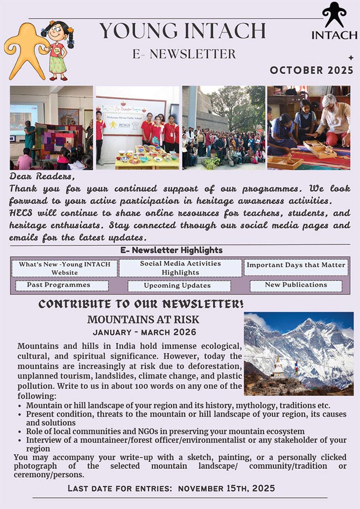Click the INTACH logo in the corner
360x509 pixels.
point(334,22)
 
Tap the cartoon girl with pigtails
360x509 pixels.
point(57,50)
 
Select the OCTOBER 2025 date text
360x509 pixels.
point(312,70)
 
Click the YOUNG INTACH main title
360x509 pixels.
point(183,31)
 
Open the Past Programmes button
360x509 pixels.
point(61,285)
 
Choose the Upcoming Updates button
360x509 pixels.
point(177,286)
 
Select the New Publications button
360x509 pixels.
point(296,285)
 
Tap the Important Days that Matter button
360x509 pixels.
point(295,266)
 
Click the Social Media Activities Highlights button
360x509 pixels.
point(180,268)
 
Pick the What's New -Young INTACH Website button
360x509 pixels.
point(64,268)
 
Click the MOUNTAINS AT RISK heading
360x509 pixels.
point(143,320)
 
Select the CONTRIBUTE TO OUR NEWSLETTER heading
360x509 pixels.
point(141,304)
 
